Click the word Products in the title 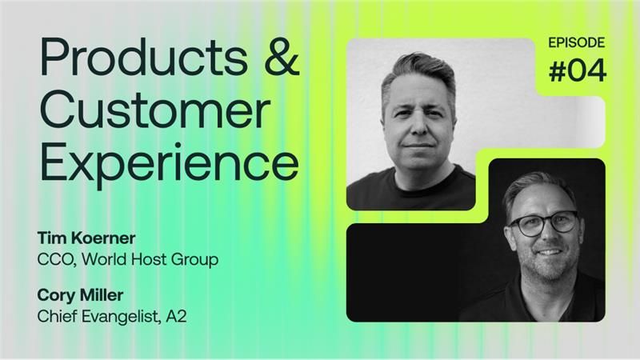pyautogui.click(x=144, y=57)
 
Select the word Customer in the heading pyautogui.click(x=155, y=110)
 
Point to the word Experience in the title pyautogui.click(x=170, y=163)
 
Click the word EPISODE pyautogui.click(x=576, y=42)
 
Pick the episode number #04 pyautogui.click(x=577, y=70)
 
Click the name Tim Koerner pyautogui.click(x=86, y=238)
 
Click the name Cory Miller pyautogui.click(x=80, y=295)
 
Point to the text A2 pyautogui.click(x=176, y=316)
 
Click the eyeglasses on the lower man pyautogui.click(x=543, y=223)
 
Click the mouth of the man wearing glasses pyautogui.click(x=549, y=252)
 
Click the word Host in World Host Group pyautogui.click(x=153, y=259)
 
